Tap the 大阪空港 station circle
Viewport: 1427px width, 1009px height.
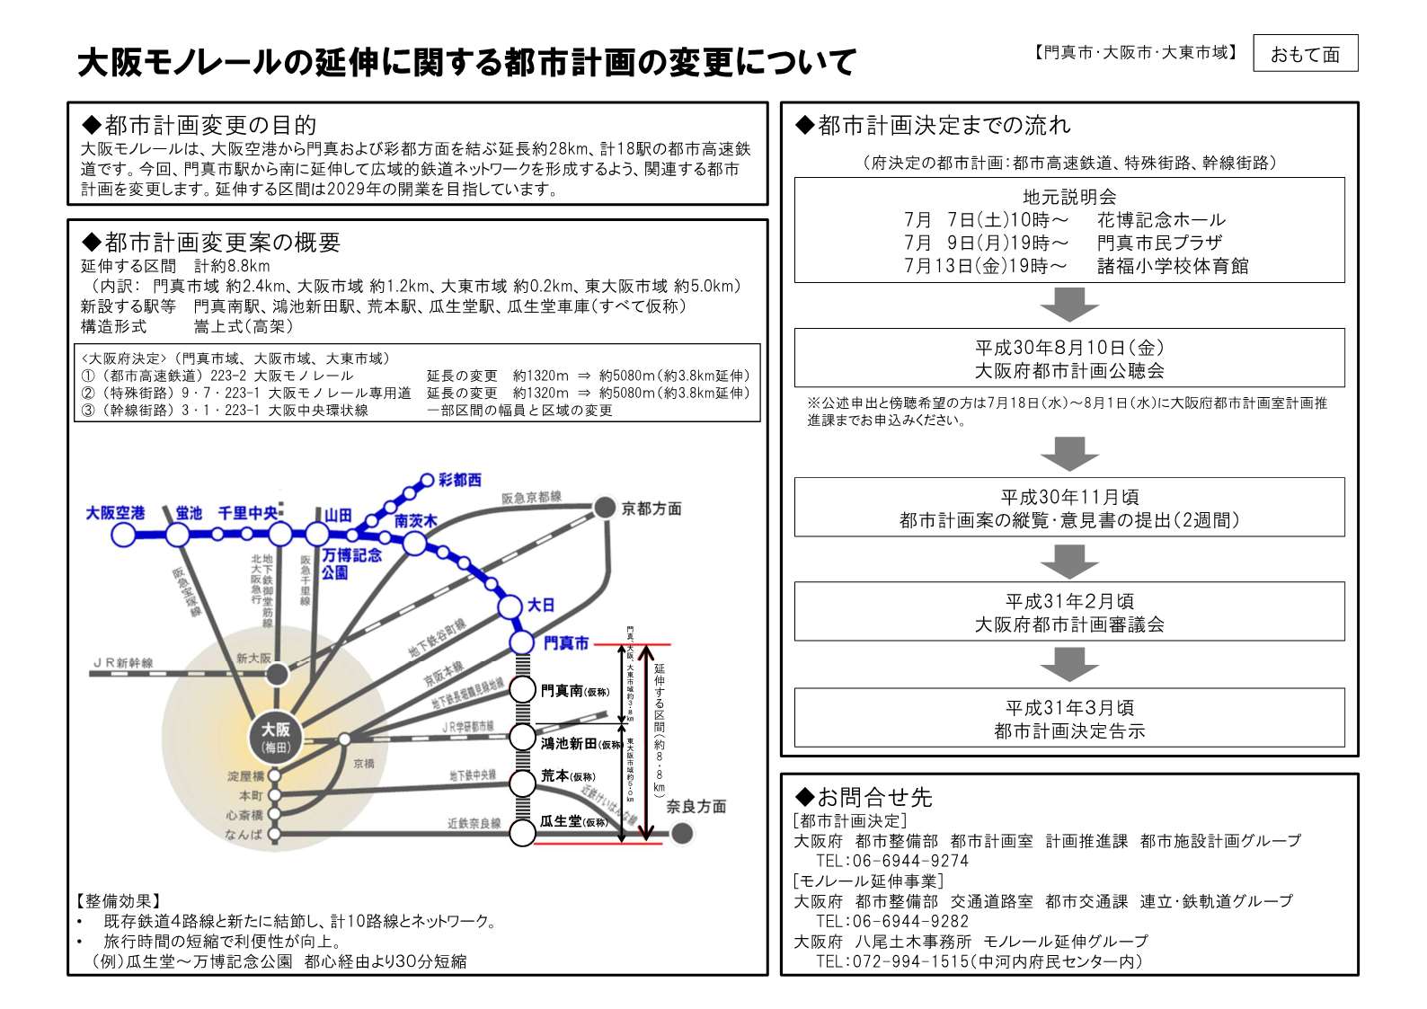[x=123, y=535]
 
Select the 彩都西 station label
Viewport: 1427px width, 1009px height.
[x=459, y=480]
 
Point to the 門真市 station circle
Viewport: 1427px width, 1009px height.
[x=522, y=642]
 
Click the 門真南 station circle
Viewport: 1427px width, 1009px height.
[x=522, y=690]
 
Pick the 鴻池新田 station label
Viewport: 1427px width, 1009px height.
[x=569, y=743]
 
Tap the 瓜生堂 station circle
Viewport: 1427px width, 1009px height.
[x=522, y=832]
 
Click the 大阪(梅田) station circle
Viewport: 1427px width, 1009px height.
[x=275, y=737]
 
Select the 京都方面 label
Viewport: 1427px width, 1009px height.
[x=651, y=509]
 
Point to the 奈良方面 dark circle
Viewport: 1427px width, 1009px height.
[x=682, y=833]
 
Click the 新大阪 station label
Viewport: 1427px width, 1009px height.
[x=253, y=659]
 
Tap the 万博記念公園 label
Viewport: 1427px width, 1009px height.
[x=351, y=563]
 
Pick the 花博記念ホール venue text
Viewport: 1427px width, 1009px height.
[x=1160, y=220]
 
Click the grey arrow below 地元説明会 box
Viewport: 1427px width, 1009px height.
[x=1068, y=305]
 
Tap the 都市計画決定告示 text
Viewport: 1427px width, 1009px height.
[x=1069, y=731]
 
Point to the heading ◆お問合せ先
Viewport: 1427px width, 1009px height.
[x=864, y=797]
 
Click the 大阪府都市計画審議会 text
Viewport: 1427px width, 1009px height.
[x=1069, y=624]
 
